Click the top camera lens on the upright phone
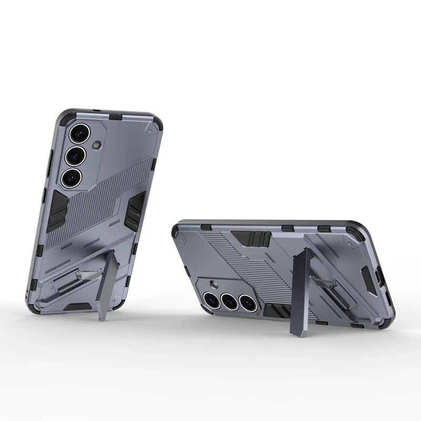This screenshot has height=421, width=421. point(79,133)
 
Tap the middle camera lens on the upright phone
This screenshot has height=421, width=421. point(75,155)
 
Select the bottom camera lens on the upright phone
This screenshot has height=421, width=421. point(71,177)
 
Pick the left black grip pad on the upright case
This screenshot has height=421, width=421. point(56,210)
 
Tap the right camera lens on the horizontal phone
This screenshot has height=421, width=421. point(247,302)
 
